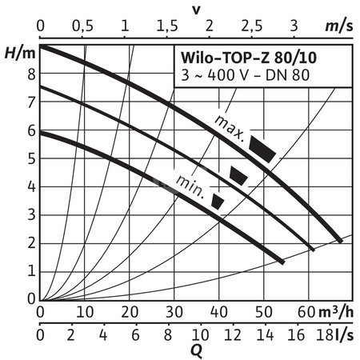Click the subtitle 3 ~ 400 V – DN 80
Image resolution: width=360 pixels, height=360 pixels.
click(x=242, y=76)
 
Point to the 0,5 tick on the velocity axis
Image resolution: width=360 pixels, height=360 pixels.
click(x=82, y=26)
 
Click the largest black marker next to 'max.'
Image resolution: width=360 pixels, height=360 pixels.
click(x=262, y=147)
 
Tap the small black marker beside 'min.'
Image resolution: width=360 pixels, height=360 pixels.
click(x=218, y=202)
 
